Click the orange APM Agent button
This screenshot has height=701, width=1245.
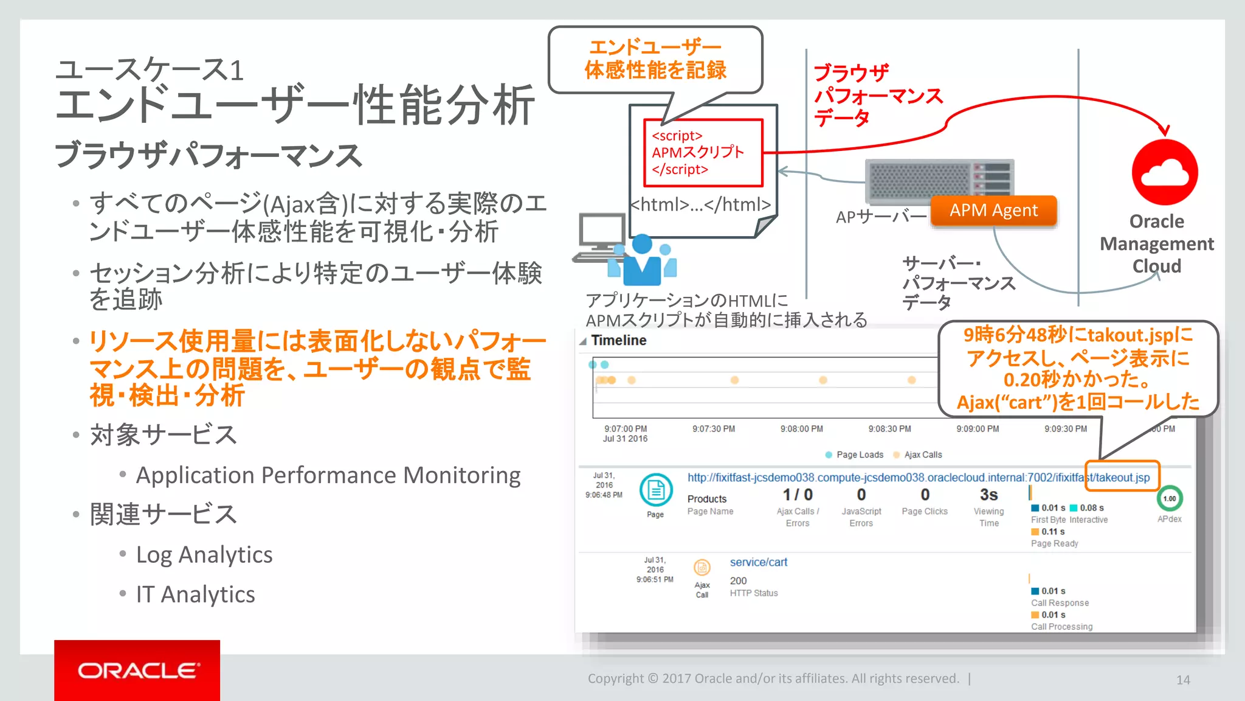point(993,211)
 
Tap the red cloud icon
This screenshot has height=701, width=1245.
point(1164,172)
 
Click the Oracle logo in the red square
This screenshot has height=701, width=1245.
point(137,671)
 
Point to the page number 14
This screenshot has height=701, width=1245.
point(1182,680)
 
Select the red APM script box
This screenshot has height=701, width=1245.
point(703,153)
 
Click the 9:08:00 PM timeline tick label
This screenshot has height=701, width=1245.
point(801,429)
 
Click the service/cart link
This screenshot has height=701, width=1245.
point(758,562)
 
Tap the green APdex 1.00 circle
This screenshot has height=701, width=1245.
point(1169,498)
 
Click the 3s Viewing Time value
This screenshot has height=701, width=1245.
point(988,495)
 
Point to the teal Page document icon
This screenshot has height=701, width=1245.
point(655,490)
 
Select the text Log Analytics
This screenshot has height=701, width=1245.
point(204,555)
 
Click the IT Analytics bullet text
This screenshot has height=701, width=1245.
point(195,595)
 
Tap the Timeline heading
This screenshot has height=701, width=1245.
point(618,341)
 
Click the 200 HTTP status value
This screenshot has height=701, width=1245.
point(738,581)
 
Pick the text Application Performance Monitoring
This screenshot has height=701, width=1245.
point(328,475)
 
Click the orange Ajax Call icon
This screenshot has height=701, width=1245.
point(702,568)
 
